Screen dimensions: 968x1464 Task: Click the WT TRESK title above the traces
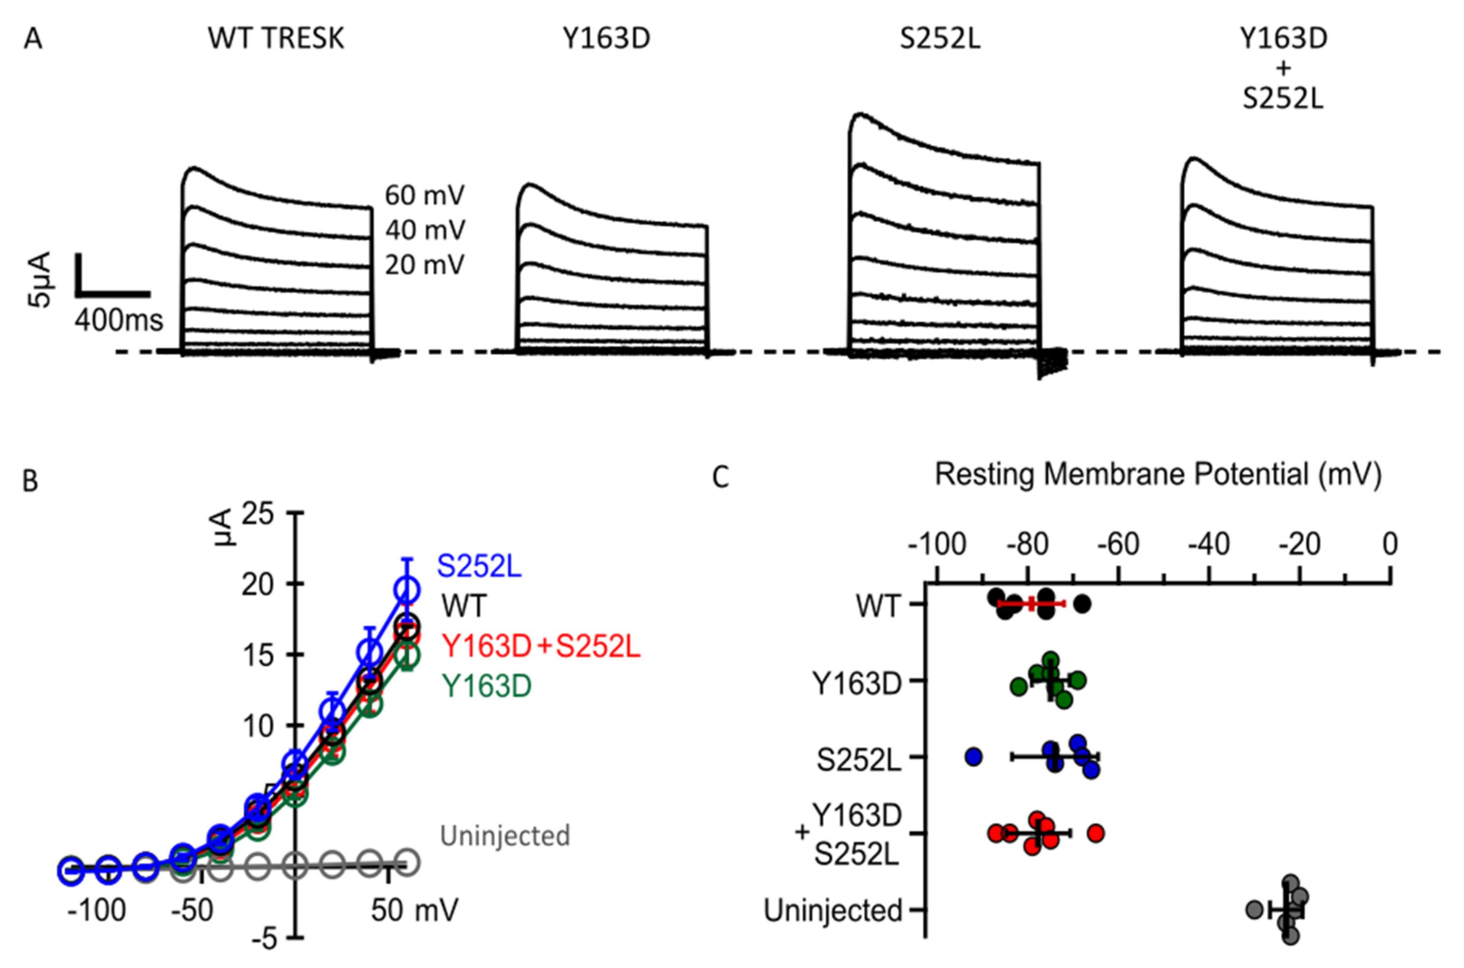point(275,39)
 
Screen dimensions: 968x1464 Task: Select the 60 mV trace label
point(424,196)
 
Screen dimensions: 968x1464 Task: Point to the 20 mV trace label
point(424,266)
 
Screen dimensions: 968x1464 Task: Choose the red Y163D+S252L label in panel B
point(542,646)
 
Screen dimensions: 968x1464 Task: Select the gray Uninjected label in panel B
point(504,836)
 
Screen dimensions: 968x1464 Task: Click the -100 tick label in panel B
point(96,910)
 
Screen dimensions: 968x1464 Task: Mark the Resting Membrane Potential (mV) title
point(1158,475)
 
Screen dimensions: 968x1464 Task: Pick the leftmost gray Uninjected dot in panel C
point(1253,909)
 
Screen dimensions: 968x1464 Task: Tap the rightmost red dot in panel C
point(1096,833)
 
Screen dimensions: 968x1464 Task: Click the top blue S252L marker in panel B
point(407,590)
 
